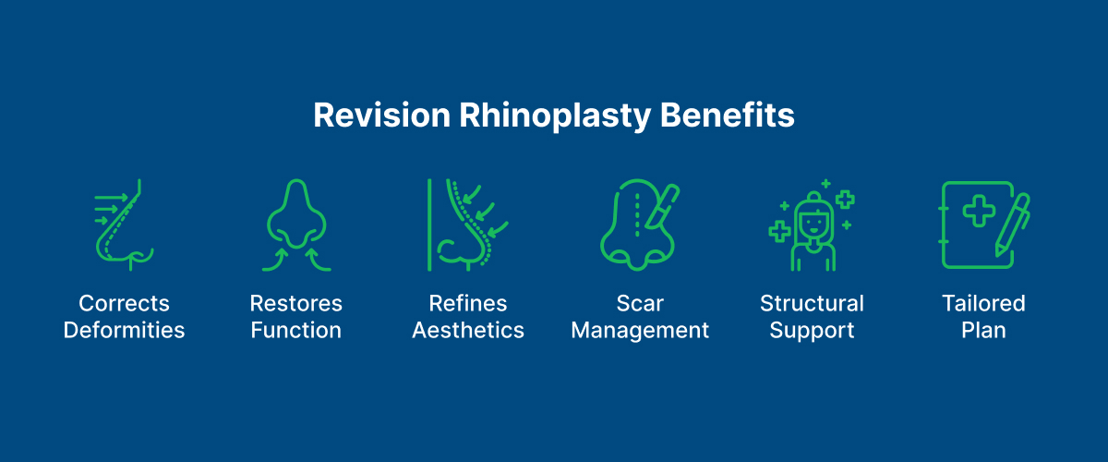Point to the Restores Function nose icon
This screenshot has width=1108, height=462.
point(295,225)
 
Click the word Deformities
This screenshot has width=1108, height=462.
point(125,330)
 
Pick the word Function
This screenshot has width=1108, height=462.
point(295,330)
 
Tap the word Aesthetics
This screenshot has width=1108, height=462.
point(468,330)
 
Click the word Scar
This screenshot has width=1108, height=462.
point(640,304)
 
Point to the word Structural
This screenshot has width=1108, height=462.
point(813,304)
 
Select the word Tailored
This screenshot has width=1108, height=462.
point(983,304)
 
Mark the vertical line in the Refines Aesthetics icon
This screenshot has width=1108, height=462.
point(429,225)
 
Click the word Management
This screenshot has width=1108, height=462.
point(640,330)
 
